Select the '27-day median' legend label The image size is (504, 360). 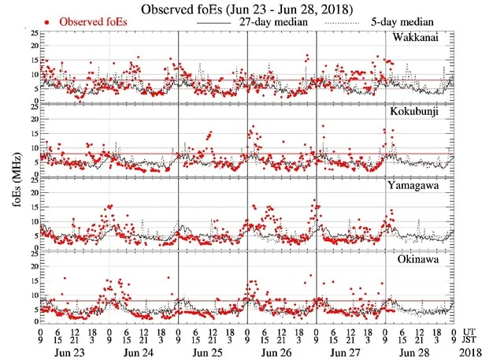pyautogui.click(x=263, y=22)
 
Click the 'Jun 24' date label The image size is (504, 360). pyautogui.click(x=143, y=349)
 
